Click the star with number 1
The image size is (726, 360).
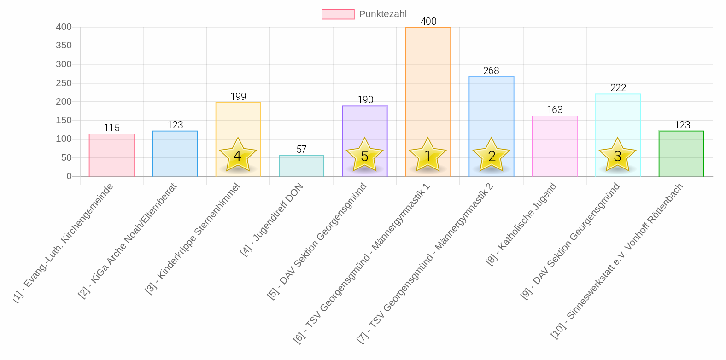tap(428, 155)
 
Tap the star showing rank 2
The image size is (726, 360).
tap(492, 155)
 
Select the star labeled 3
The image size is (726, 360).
tap(618, 155)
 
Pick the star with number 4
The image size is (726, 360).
tap(238, 155)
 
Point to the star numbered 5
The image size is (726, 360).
tap(365, 155)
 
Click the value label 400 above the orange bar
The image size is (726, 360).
tap(428, 22)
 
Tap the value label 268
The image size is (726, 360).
tap(491, 71)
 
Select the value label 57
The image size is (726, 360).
tap(301, 150)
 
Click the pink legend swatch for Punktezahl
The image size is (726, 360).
tap(338, 14)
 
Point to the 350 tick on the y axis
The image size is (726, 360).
tap(64, 46)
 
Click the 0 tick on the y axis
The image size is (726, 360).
tap(69, 176)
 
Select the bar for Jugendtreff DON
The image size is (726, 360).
tap(301, 166)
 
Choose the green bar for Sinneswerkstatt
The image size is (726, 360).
tap(681, 154)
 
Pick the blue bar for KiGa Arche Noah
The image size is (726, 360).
tap(175, 154)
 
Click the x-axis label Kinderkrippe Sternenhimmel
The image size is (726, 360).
tap(193, 238)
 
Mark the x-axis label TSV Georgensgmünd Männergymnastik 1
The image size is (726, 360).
tap(362, 262)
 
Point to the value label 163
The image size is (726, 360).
tap(555, 110)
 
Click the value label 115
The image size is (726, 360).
tap(111, 128)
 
